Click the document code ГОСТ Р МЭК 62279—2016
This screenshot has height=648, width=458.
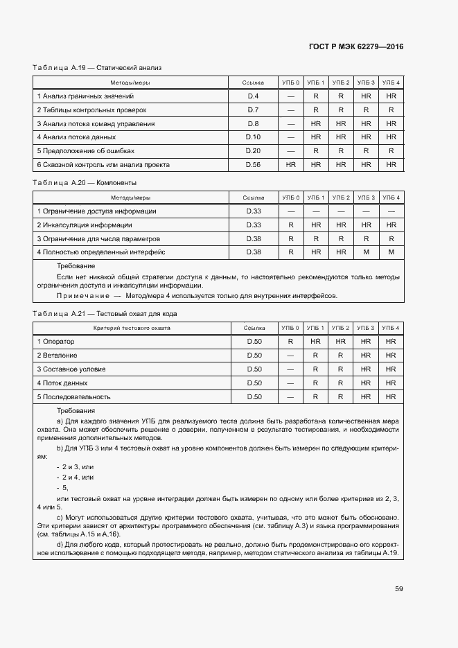355,46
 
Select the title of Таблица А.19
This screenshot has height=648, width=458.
97,68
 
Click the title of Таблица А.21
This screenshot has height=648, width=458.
105,314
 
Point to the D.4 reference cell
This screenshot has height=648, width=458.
253,96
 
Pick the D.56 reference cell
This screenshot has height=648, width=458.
253,165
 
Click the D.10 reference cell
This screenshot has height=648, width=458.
253,137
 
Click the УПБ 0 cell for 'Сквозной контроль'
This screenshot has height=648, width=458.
291,165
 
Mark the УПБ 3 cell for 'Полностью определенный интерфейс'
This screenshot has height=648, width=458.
366,252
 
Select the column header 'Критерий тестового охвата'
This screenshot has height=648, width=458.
132,328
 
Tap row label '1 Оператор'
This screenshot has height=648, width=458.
55,342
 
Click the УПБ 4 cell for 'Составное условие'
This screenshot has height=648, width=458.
391,369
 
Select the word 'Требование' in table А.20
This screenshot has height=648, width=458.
76,266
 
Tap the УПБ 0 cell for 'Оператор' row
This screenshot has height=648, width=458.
291,342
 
